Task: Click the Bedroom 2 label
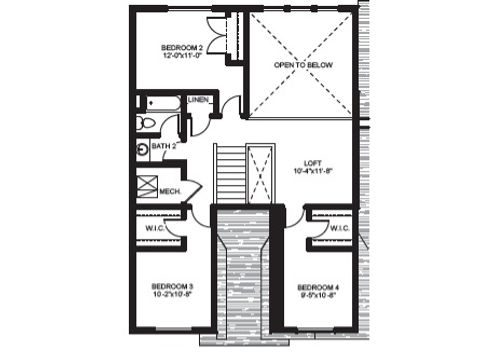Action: click(182, 47)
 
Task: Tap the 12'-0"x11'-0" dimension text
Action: click(182, 56)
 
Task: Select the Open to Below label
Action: click(304, 65)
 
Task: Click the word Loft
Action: click(313, 163)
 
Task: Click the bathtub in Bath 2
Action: click(161, 102)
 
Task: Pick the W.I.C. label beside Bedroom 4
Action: click(336, 228)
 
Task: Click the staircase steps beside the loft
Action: click(229, 174)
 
